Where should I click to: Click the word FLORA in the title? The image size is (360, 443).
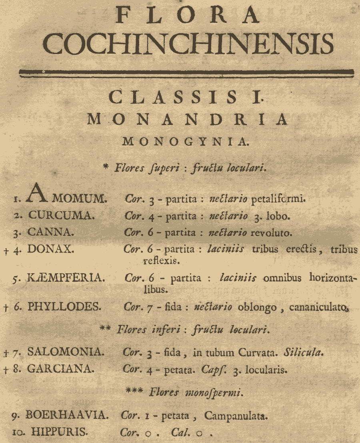coord(187,16)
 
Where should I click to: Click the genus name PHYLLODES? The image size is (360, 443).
coord(64,307)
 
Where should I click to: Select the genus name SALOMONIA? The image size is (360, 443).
coord(66,352)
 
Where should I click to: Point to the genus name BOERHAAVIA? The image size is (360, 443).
coord(67,415)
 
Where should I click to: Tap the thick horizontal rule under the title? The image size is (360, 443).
coord(187,72)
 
